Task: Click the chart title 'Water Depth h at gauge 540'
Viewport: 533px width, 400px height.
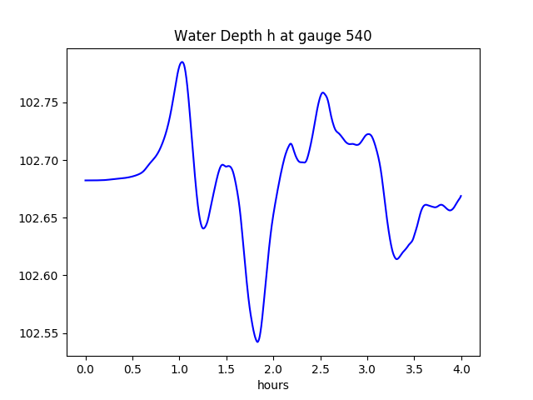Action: [272, 36]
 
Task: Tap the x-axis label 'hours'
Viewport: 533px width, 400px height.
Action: [272, 385]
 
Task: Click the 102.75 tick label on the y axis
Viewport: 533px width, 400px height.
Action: [40, 102]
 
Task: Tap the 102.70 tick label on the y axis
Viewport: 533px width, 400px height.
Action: [40, 160]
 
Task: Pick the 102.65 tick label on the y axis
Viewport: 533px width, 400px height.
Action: [40, 218]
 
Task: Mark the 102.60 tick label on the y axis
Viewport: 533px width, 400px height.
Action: [40, 276]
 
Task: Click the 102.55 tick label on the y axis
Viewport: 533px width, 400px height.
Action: [40, 333]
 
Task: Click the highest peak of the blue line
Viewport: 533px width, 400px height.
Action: [182, 62]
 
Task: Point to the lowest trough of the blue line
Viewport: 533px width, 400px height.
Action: [257, 342]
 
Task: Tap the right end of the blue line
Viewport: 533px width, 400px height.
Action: [461, 196]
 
